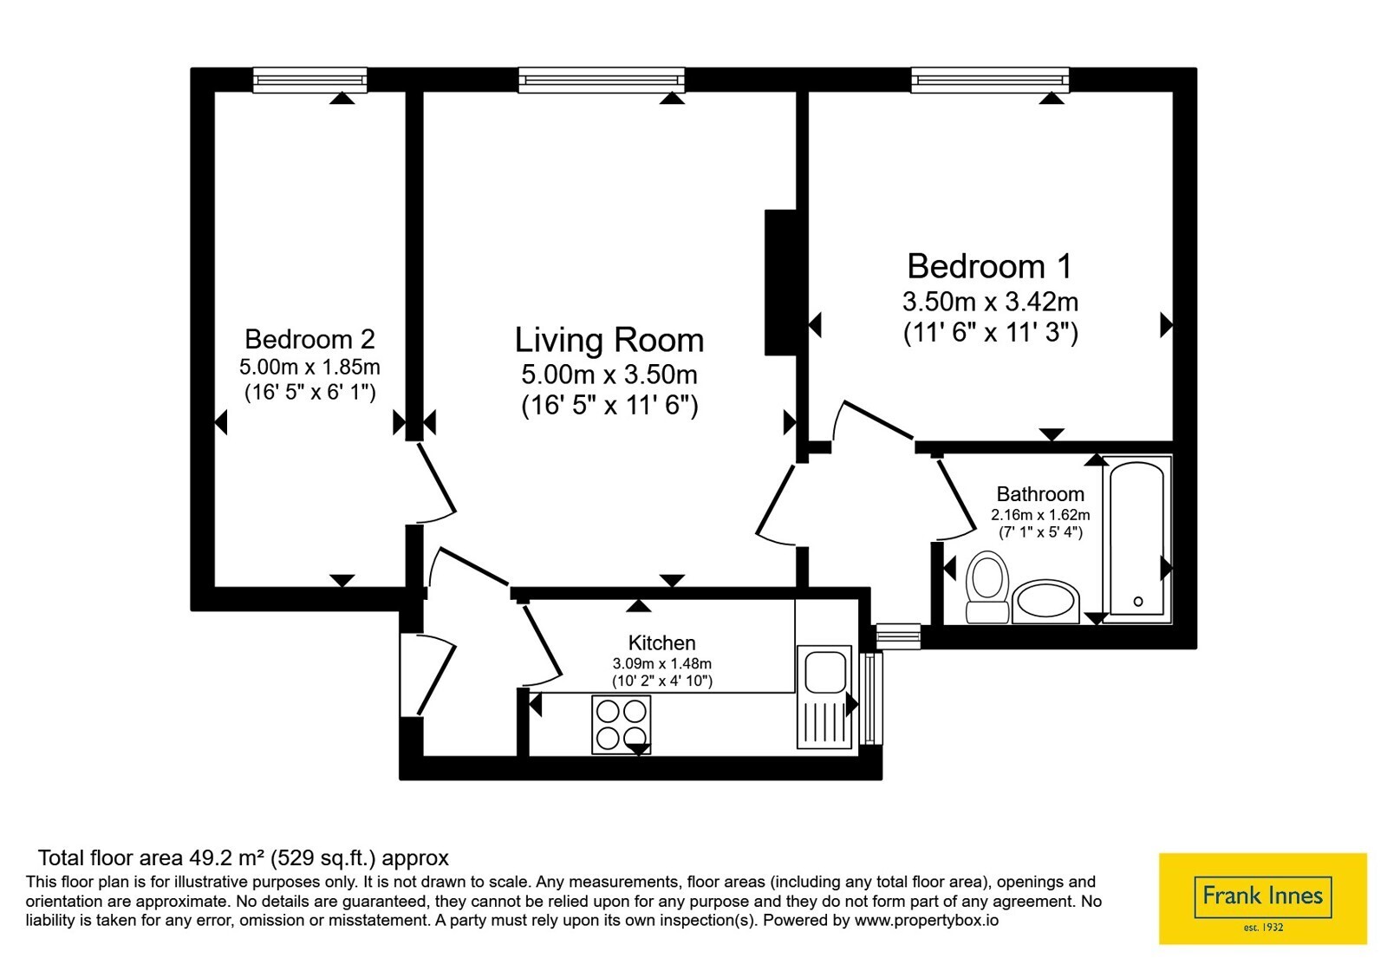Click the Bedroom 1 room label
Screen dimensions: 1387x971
pyautogui.click(x=989, y=266)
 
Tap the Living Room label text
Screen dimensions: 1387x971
pyautogui.click(x=609, y=340)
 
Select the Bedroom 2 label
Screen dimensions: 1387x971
pyautogui.click(x=309, y=339)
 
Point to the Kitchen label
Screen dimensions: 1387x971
pyautogui.click(x=662, y=642)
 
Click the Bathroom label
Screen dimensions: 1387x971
pyautogui.click(x=1040, y=493)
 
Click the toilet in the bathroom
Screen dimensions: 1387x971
pyautogui.click(x=987, y=586)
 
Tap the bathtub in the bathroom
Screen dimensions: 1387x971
pyautogui.click(x=1137, y=539)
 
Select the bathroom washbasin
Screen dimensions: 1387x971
pyautogui.click(x=1045, y=602)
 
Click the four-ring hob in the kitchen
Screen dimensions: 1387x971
pyautogui.click(x=621, y=725)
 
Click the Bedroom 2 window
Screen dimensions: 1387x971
pyautogui.click(x=310, y=80)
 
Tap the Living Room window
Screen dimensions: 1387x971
pyautogui.click(x=602, y=80)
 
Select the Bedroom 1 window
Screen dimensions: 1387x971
pyautogui.click(x=990, y=80)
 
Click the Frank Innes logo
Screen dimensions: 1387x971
pyautogui.click(x=1262, y=898)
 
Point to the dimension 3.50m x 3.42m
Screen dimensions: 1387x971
pyautogui.click(x=990, y=302)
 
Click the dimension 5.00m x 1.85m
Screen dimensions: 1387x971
pyautogui.click(x=309, y=367)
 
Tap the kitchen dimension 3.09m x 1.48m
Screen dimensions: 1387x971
pyautogui.click(x=662, y=663)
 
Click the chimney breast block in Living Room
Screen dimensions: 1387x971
pyautogui.click(x=780, y=283)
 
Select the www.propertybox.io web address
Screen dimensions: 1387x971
pyautogui.click(x=927, y=921)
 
